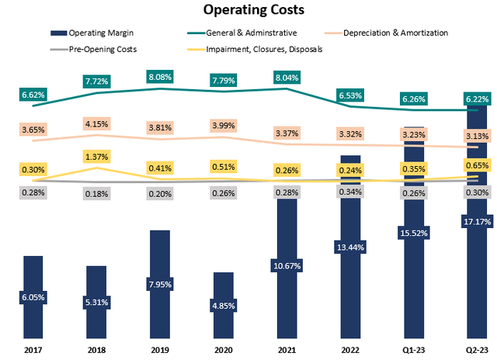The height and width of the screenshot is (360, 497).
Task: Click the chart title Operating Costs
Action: click(x=248, y=10)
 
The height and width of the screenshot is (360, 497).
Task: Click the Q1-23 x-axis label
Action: click(x=412, y=350)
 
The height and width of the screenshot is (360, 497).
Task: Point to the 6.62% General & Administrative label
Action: click(x=33, y=95)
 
